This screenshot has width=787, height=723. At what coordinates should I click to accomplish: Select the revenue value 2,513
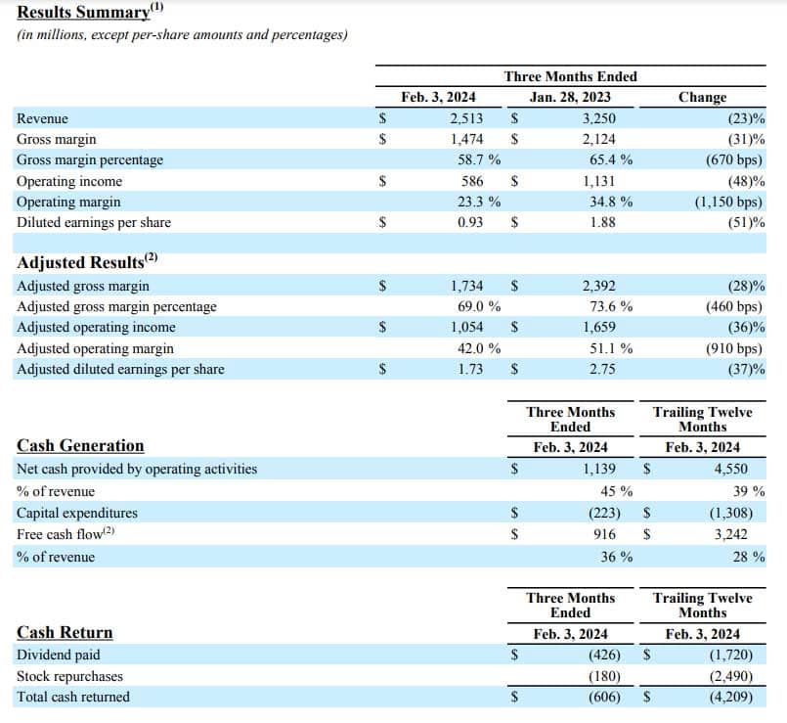(x=466, y=118)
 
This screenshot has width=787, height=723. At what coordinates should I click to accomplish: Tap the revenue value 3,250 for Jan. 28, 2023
(x=598, y=118)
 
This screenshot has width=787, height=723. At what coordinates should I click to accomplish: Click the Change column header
(x=702, y=97)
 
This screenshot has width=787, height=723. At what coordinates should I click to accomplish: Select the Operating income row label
(x=69, y=181)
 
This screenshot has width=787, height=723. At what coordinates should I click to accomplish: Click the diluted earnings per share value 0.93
(x=473, y=222)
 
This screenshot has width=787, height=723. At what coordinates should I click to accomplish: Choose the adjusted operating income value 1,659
(x=598, y=328)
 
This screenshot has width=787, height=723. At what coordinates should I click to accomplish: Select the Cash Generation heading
(x=80, y=446)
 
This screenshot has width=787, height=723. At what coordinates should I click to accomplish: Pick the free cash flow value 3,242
(x=732, y=534)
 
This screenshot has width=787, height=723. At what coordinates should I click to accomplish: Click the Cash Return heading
(x=65, y=632)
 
